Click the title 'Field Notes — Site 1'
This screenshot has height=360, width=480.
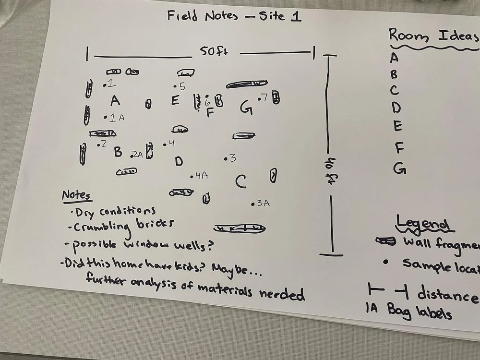click(234, 16)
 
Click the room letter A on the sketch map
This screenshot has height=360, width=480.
click(115, 101)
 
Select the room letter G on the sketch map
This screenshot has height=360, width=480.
click(246, 108)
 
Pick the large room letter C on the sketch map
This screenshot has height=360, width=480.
click(241, 181)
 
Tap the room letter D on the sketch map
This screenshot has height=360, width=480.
click(179, 161)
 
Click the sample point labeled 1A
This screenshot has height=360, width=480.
click(105, 117)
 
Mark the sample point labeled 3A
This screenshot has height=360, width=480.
click(253, 204)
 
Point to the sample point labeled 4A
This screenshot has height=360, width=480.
click(192, 177)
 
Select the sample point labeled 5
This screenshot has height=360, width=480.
click(175, 87)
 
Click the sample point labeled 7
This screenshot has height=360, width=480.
click(259, 99)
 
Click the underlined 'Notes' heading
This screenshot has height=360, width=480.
click(76, 195)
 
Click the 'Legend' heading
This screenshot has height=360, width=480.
click(422, 224)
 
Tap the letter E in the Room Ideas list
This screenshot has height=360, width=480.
click(396, 126)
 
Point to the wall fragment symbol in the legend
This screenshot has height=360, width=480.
click(385, 241)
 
